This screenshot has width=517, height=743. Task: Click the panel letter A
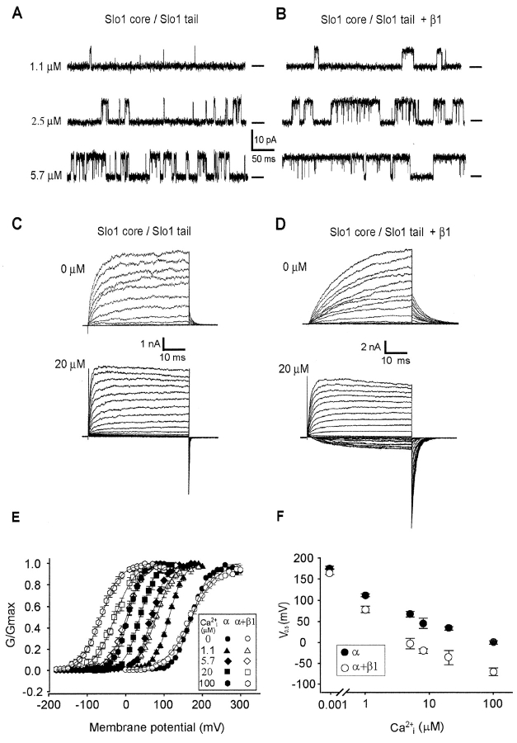tap(16, 13)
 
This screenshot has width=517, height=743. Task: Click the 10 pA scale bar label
tap(266, 140)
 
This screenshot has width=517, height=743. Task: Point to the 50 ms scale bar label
tap(263, 159)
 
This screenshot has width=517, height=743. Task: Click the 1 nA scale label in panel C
tap(150, 343)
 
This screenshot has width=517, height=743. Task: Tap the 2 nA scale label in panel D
tap(371, 347)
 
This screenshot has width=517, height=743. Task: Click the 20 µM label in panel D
tap(294, 368)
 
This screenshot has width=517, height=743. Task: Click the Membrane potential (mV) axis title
tap(157, 726)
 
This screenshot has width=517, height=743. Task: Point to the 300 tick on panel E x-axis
tap(240, 705)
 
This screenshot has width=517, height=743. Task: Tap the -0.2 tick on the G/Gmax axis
tap(35, 692)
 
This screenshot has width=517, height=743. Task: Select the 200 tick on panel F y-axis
tap(305, 558)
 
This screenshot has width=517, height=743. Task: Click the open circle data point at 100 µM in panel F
tap(494, 672)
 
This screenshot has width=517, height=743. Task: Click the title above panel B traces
tap(381, 20)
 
